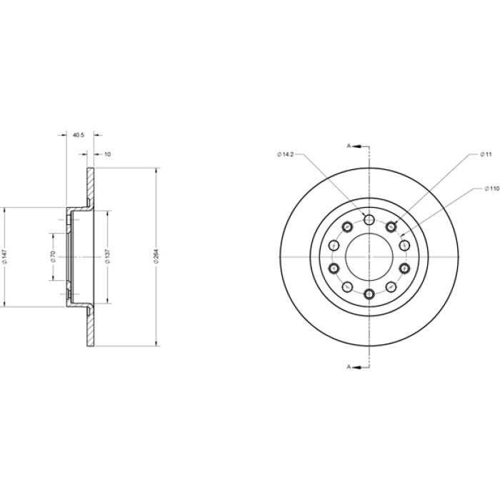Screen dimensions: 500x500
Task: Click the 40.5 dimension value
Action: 79,135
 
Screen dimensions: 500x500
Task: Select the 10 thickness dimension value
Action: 108,154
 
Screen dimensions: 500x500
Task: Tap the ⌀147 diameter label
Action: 4,256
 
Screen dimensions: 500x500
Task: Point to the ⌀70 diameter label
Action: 53,256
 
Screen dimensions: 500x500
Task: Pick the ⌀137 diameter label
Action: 107,256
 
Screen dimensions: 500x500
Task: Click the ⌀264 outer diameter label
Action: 156,256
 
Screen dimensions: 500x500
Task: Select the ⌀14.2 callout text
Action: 285,154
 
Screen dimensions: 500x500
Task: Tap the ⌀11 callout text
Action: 486,154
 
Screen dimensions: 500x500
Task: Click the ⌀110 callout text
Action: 491,189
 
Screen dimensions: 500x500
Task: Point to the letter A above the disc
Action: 349,146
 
